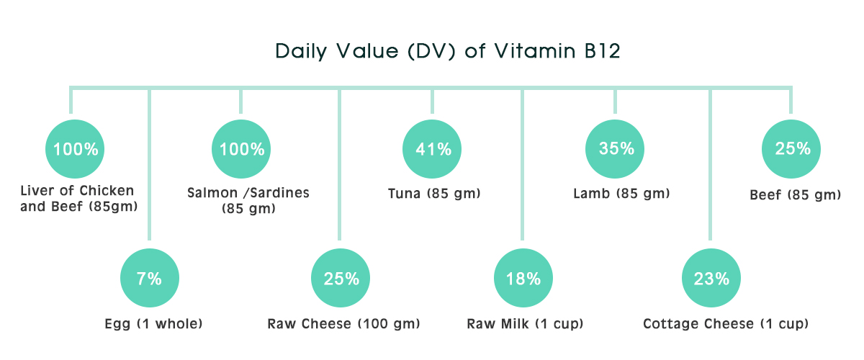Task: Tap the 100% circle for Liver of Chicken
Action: pos(75,149)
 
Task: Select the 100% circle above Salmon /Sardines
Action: pos(241,149)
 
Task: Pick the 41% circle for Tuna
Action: pos(432,149)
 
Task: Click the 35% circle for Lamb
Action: pos(615,149)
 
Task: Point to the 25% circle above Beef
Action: pos(791,149)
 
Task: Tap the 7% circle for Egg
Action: pos(150,278)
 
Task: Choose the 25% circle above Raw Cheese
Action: pos(341,278)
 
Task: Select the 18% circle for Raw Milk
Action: pos(523,278)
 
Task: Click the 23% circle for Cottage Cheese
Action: pos(711,278)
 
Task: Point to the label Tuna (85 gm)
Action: pos(434,193)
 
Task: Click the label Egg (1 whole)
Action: pos(153,323)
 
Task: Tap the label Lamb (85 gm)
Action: pos(621,193)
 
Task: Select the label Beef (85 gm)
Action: pos(796,195)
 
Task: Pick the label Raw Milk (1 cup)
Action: pos(525,323)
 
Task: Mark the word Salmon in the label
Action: pos(212,192)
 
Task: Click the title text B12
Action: pos(603,51)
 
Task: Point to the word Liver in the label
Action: pos(37,191)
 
